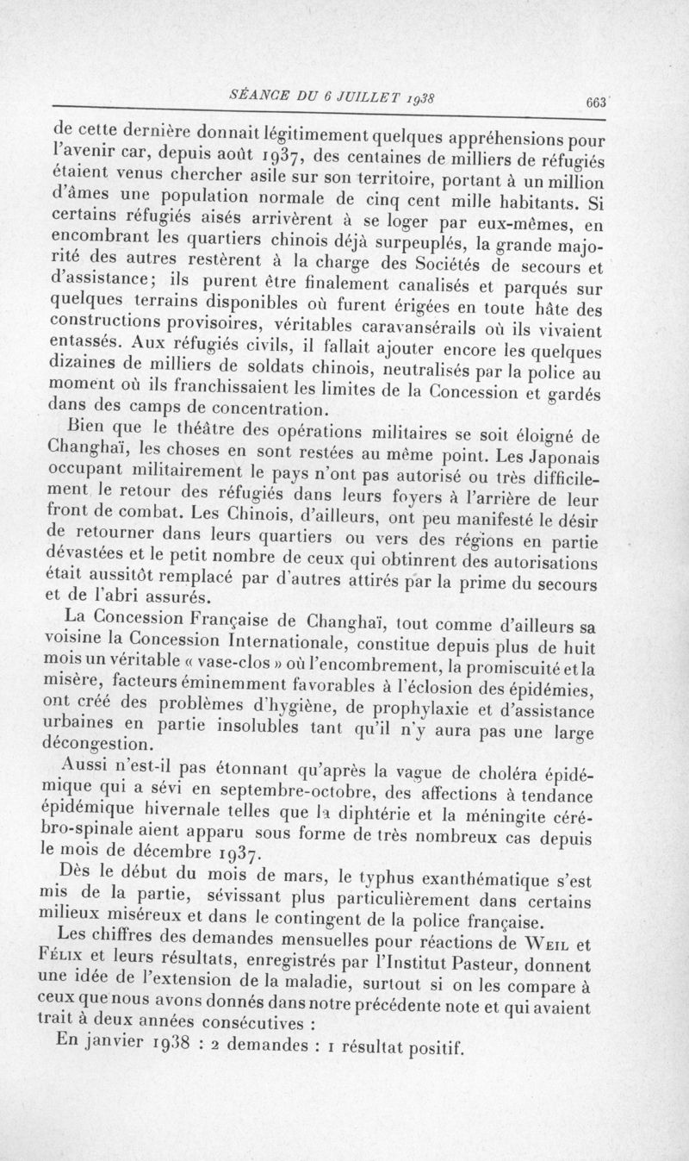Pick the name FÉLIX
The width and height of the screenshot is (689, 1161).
tap(77, 960)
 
